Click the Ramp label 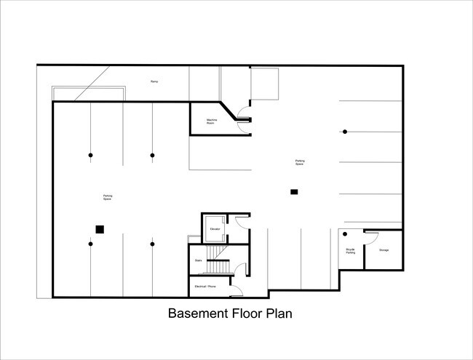(x=154, y=81)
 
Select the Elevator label (x=215, y=229)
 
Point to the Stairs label (x=198, y=260)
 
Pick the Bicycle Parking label (x=350, y=250)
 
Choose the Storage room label (x=383, y=250)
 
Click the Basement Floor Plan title (x=230, y=315)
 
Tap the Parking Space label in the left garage (x=107, y=196)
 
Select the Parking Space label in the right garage (x=299, y=162)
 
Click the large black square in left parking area (x=100, y=229)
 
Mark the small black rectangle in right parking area (x=294, y=192)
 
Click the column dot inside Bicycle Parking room (x=346, y=234)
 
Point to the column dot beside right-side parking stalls (x=345, y=131)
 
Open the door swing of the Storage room (x=370, y=236)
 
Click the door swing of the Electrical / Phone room (x=237, y=291)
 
